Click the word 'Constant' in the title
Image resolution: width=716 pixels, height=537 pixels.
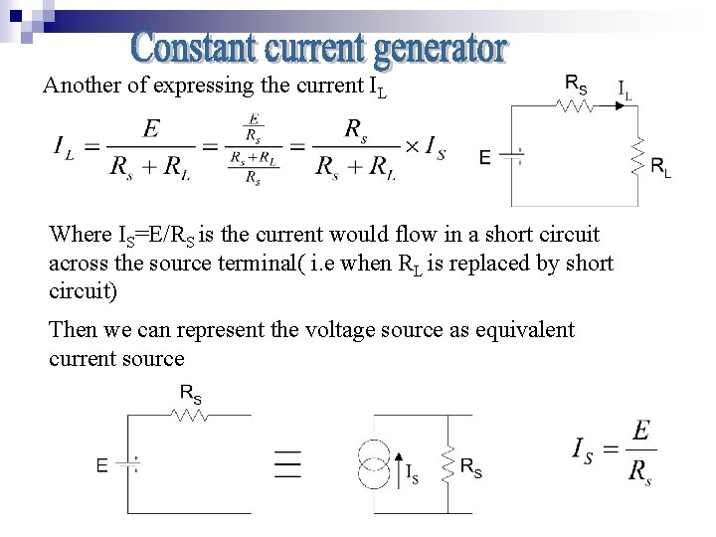[186, 47]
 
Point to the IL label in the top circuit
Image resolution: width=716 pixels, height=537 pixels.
[626, 89]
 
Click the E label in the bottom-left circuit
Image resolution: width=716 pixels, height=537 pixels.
[101, 463]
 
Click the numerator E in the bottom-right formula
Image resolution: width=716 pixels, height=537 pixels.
[641, 432]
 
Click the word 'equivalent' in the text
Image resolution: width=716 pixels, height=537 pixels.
[530, 329]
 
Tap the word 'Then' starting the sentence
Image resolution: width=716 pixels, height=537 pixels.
[71, 329]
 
